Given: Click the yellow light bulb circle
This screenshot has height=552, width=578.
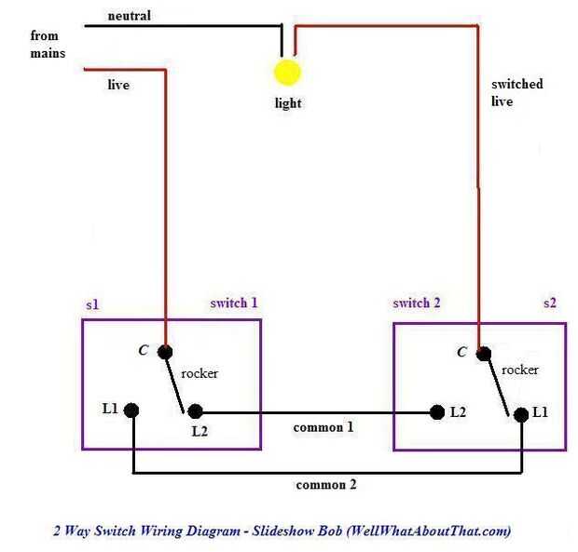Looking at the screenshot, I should click(287, 73).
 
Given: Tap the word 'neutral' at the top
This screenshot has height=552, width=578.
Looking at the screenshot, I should click(129, 16).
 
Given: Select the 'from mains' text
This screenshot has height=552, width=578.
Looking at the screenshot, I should click(47, 45).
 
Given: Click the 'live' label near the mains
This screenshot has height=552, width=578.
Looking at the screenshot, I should click(118, 85).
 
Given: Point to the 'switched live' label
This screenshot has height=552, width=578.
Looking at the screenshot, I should click(516, 92).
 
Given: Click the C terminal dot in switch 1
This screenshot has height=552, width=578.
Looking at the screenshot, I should click(165, 352).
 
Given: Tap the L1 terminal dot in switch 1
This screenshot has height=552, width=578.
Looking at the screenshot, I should click(132, 410).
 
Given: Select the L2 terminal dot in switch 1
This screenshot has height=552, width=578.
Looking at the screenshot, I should click(195, 411).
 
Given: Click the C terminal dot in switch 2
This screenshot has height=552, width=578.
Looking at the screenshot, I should click(483, 354).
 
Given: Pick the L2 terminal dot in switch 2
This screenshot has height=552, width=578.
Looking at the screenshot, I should click(436, 411).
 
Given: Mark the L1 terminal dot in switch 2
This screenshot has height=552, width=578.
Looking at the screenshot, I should click(519, 412).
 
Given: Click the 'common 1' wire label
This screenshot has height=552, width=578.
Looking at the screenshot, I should click(323, 428).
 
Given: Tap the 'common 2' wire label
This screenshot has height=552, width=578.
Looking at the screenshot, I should click(325, 485).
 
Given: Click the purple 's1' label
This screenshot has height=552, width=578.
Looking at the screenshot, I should click(92, 304).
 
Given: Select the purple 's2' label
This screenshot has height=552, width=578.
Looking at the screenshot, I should click(552, 304).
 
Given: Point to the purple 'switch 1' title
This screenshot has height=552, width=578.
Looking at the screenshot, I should click(234, 303).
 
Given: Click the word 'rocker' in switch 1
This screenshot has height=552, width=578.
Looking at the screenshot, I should click(200, 373).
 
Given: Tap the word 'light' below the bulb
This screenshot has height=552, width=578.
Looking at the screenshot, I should click(288, 103).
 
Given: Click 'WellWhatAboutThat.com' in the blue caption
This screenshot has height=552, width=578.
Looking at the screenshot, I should click(431, 532).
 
